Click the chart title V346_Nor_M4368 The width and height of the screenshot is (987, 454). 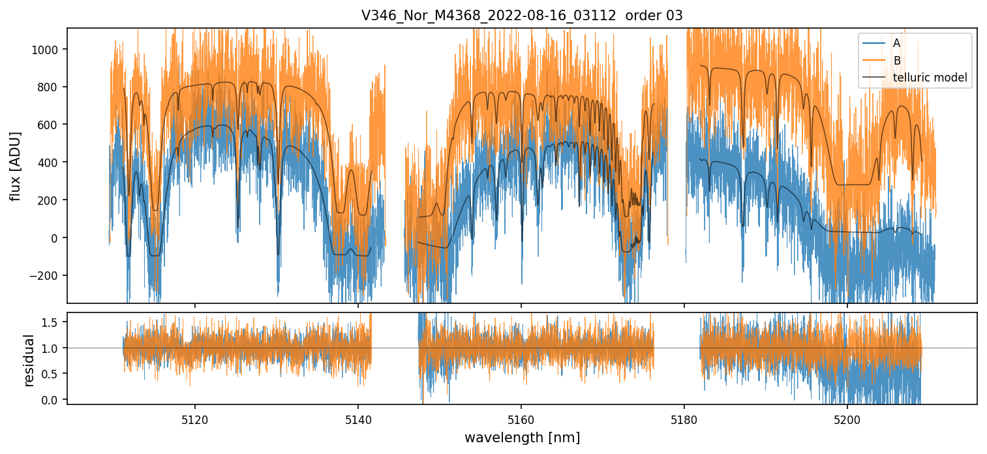(x=521, y=16)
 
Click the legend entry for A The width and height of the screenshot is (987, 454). (x=896, y=43)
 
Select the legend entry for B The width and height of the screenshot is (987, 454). (x=897, y=61)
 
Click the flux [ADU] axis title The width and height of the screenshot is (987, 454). (x=15, y=166)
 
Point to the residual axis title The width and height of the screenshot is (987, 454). (x=29, y=360)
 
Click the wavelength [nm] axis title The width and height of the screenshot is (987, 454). (x=522, y=437)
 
